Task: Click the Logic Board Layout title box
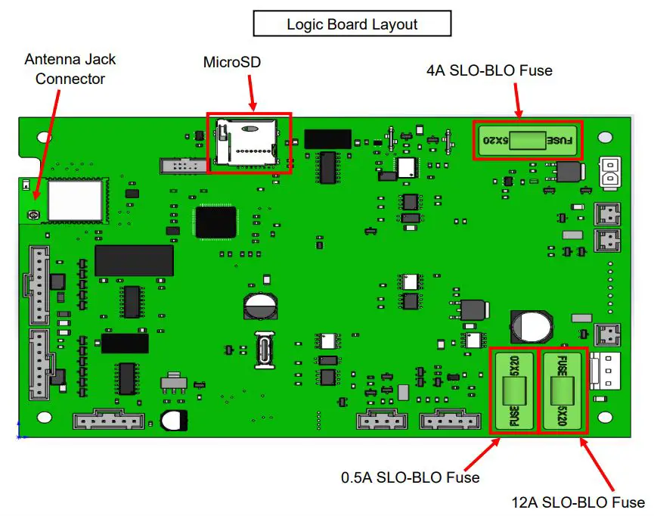click(x=352, y=23)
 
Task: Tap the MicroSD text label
click(x=232, y=62)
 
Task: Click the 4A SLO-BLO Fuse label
click(x=489, y=70)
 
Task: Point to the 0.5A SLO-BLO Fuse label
click(x=410, y=477)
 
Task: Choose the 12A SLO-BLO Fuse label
click(x=578, y=502)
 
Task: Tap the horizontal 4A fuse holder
click(x=528, y=140)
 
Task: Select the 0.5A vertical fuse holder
click(x=513, y=391)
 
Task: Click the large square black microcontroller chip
click(x=215, y=222)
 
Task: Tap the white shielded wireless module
click(x=75, y=199)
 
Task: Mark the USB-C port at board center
click(x=265, y=350)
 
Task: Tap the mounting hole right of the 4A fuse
click(x=605, y=138)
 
